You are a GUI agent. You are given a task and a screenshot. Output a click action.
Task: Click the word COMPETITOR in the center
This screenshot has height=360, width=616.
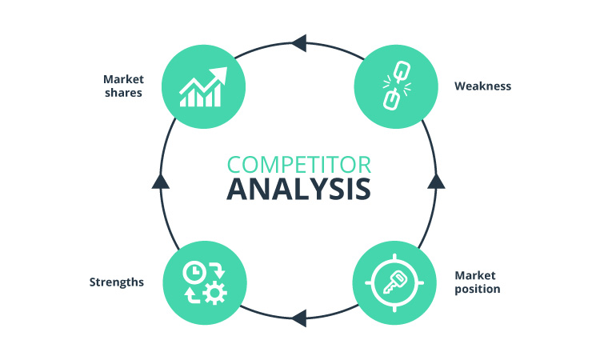(x=298, y=165)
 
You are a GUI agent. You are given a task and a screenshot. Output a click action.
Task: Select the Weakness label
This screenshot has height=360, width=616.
(x=482, y=86)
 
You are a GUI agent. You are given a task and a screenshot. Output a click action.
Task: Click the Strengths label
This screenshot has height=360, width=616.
(x=117, y=282)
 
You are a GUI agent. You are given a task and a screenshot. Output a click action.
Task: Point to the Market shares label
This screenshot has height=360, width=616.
(x=122, y=86)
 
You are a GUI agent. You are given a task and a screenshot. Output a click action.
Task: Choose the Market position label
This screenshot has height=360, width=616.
(x=478, y=282)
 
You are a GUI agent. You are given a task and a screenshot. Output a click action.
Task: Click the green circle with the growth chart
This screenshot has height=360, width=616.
(x=202, y=86)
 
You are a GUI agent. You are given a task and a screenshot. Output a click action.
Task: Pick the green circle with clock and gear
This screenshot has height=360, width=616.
(x=202, y=282)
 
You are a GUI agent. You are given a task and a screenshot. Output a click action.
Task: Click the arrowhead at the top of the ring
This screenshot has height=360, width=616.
(x=298, y=42)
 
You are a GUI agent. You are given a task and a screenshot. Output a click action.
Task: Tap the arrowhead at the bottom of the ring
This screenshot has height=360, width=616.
(x=298, y=318)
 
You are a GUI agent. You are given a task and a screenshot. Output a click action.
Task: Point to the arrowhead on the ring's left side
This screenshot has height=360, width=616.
(x=161, y=181)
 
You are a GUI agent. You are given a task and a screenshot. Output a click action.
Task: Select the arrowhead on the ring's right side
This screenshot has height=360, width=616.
(x=436, y=181)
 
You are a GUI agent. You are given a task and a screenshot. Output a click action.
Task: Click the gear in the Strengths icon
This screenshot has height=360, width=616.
(x=214, y=293)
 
